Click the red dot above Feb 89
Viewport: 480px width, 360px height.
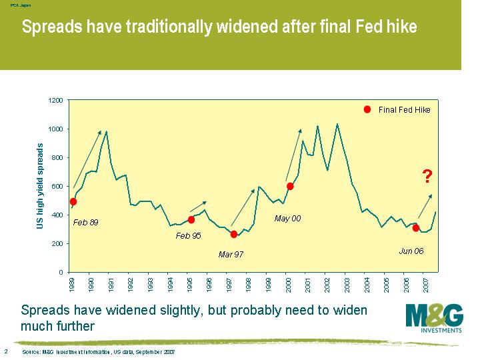tap(73, 201)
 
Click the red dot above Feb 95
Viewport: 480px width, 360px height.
tap(191, 220)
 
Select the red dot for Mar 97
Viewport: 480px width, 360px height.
tap(233, 234)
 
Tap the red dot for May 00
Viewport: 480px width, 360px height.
tap(290, 187)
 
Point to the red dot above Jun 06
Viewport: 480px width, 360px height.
tap(416, 228)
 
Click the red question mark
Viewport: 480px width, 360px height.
tap(427, 177)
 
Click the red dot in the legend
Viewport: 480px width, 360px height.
tap(367, 110)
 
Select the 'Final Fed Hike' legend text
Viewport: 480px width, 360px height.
tap(405, 110)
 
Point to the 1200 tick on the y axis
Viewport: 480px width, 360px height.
tap(55, 101)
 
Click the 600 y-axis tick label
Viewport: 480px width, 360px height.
tap(57, 187)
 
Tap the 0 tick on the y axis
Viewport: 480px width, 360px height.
tap(61, 273)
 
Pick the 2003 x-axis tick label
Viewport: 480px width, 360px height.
tap(347, 285)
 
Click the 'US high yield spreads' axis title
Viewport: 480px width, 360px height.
tap(40, 187)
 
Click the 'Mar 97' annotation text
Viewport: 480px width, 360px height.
tap(232, 254)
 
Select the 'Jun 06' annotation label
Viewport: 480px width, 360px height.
tap(411, 251)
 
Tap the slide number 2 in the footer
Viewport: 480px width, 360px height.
tap(6, 351)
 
